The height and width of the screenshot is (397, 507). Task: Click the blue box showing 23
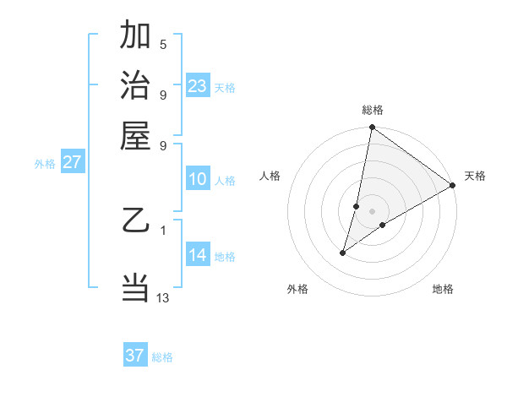pos(197,86)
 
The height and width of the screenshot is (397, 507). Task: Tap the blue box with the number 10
pos(197,179)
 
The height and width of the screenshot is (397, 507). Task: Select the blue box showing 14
pos(197,255)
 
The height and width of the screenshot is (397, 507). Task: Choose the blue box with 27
pos(72,162)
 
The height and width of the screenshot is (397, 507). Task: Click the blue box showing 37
pos(135,356)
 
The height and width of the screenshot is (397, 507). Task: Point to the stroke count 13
pos(163,297)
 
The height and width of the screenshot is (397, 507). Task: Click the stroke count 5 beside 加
pos(163,44)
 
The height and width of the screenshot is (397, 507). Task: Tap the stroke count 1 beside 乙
pos(163,229)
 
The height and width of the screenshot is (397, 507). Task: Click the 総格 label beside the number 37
pos(162,357)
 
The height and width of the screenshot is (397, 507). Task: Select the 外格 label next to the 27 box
pos(45,164)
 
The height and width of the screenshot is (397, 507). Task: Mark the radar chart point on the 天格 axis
pos(453,186)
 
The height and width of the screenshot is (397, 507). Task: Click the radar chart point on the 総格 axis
pos(372,128)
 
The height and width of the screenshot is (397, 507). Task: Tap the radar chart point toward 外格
pos(343,252)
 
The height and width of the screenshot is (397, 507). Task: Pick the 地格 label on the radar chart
pos(443,289)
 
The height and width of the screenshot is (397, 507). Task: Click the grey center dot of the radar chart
pos(372,211)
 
